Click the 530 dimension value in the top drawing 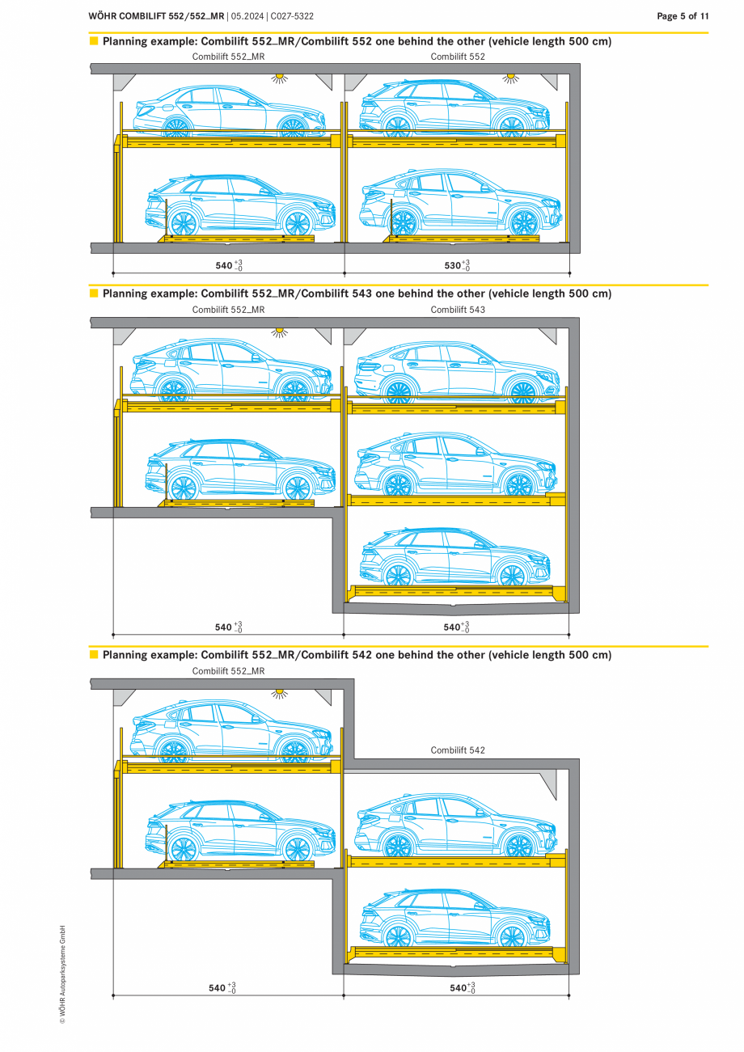453,265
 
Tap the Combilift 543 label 458,310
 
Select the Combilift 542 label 458,750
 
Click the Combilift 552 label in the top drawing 458,57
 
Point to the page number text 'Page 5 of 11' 683,16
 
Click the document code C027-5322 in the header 292,16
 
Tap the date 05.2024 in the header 247,16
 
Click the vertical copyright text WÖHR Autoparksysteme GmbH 62,974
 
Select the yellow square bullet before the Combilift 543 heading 94,293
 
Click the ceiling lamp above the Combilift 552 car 511,78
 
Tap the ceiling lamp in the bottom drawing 280,694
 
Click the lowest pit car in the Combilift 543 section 454,556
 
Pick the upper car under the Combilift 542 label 455,825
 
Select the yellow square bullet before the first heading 94,41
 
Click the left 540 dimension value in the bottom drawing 217,987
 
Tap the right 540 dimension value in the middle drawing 452,627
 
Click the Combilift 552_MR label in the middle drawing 228,310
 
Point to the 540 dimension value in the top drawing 224,265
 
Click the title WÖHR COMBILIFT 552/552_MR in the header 156,16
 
